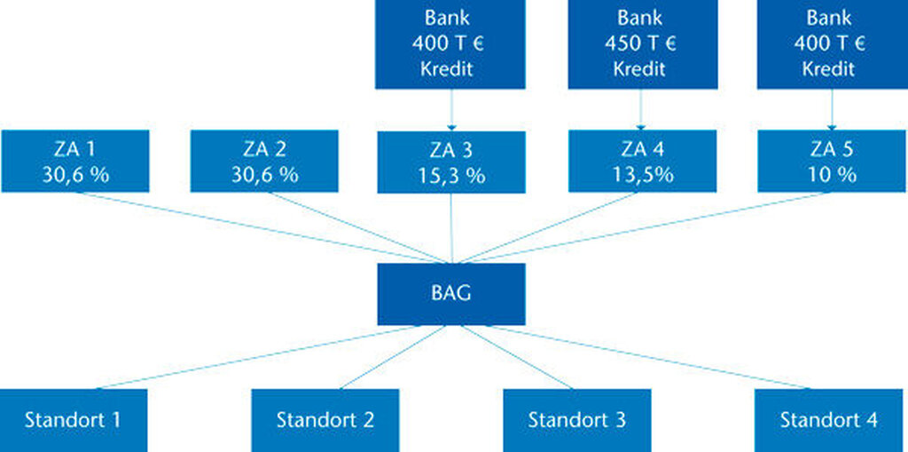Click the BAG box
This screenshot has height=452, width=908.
(x=451, y=294)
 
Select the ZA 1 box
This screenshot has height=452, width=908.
(x=75, y=161)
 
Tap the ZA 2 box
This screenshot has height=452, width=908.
(x=264, y=161)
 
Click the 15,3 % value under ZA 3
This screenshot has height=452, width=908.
(x=451, y=176)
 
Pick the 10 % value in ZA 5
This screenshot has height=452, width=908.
(x=832, y=175)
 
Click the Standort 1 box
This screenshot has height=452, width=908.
(x=73, y=420)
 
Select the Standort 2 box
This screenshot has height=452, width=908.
(x=325, y=420)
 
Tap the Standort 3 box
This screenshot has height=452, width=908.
(x=576, y=420)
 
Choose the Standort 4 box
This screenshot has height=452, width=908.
(x=829, y=420)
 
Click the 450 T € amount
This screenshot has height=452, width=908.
(x=640, y=44)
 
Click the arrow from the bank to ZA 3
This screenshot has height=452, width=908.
(x=451, y=109)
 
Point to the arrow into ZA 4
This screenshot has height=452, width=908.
(x=640, y=109)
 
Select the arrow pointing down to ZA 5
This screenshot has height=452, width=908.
(x=832, y=109)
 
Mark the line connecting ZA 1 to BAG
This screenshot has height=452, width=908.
(x=260, y=227)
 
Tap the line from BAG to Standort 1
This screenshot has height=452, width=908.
(x=258, y=357)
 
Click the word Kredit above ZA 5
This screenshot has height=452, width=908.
(x=829, y=69)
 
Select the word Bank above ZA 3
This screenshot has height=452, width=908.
(x=447, y=18)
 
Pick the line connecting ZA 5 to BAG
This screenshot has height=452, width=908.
(x=644, y=227)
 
